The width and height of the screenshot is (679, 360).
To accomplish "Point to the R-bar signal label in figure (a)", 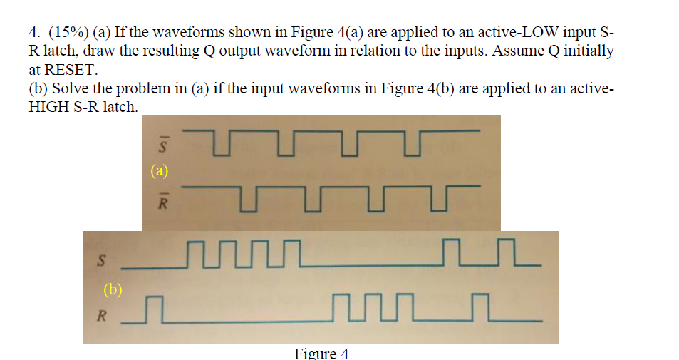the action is [162, 202].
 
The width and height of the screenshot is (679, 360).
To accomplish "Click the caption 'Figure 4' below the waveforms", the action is [321, 354].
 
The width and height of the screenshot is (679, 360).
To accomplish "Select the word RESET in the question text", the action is [68, 71].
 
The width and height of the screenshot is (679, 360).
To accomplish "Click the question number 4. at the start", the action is [33, 34].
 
